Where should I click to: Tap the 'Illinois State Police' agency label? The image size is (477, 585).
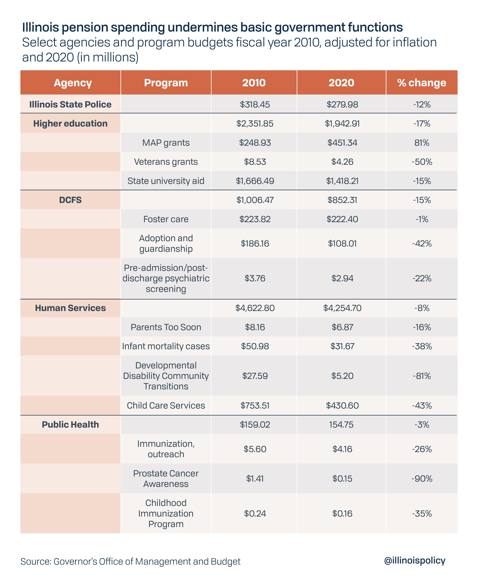[x=70, y=104]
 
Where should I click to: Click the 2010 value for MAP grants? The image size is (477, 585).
[x=255, y=143]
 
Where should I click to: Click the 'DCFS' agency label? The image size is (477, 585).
[x=70, y=200]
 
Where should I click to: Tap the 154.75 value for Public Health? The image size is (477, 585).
[x=341, y=425]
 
